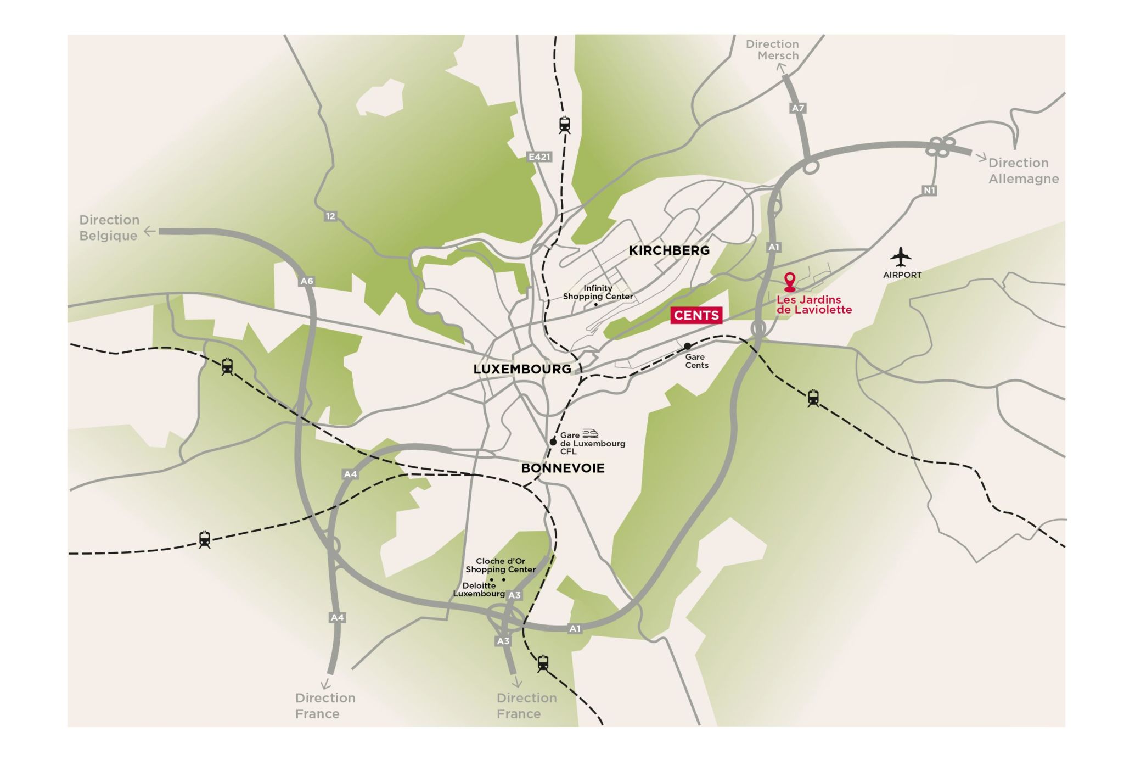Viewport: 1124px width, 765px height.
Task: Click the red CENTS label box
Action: [696, 315]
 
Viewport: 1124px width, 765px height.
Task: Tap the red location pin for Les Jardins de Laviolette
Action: [789, 281]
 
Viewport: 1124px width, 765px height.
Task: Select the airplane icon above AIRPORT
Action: [901, 256]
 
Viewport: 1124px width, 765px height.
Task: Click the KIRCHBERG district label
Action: [669, 250]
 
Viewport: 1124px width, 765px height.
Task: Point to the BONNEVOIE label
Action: [563, 468]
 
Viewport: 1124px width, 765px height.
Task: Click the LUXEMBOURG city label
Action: [522, 369]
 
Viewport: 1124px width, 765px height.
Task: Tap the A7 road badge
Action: [797, 108]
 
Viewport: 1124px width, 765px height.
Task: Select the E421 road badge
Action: [539, 157]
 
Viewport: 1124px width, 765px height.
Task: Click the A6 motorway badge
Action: [306, 281]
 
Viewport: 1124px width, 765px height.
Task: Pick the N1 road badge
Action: [929, 191]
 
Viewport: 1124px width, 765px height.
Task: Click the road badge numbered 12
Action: [330, 216]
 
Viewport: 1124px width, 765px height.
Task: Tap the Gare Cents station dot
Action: [687, 346]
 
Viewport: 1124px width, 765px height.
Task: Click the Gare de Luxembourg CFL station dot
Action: [553, 442]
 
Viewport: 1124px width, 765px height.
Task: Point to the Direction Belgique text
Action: [109, 228]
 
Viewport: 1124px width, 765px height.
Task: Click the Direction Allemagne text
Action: [1024, 171]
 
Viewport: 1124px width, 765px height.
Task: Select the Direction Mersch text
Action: [772, 50]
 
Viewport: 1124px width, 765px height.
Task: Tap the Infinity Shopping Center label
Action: [598, 292]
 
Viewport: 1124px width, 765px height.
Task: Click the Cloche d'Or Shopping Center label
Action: [501, 565]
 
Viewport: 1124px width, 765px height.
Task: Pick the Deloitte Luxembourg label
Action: [479, 589]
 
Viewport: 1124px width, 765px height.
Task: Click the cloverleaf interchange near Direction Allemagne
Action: [940, 147]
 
